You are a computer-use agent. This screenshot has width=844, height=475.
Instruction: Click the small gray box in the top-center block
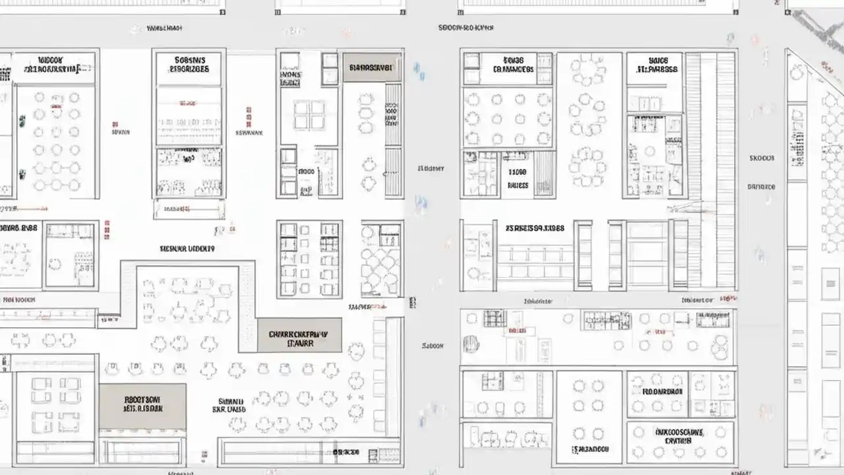tap(372, 67)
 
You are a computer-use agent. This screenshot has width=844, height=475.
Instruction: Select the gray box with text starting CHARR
tap(299, 335)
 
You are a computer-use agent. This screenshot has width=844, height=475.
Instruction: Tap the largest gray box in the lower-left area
tap(142, 406)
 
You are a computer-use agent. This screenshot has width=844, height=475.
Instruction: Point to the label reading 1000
tap(307, 172)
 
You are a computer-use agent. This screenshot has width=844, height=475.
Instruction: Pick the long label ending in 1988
tap(535, 228)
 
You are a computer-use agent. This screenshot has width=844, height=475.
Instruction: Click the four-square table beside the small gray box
tap(309, 115)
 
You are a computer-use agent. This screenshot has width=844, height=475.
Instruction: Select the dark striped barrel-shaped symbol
tap(470, 344)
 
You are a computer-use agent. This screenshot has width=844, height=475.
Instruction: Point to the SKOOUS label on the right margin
tap(762, 158)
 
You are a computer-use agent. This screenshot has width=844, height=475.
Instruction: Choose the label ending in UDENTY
tap(187, 249)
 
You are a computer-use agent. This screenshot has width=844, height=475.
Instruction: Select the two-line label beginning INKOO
tap(679, 436)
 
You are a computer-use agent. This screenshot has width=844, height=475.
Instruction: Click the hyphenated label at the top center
tap(466, 28)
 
